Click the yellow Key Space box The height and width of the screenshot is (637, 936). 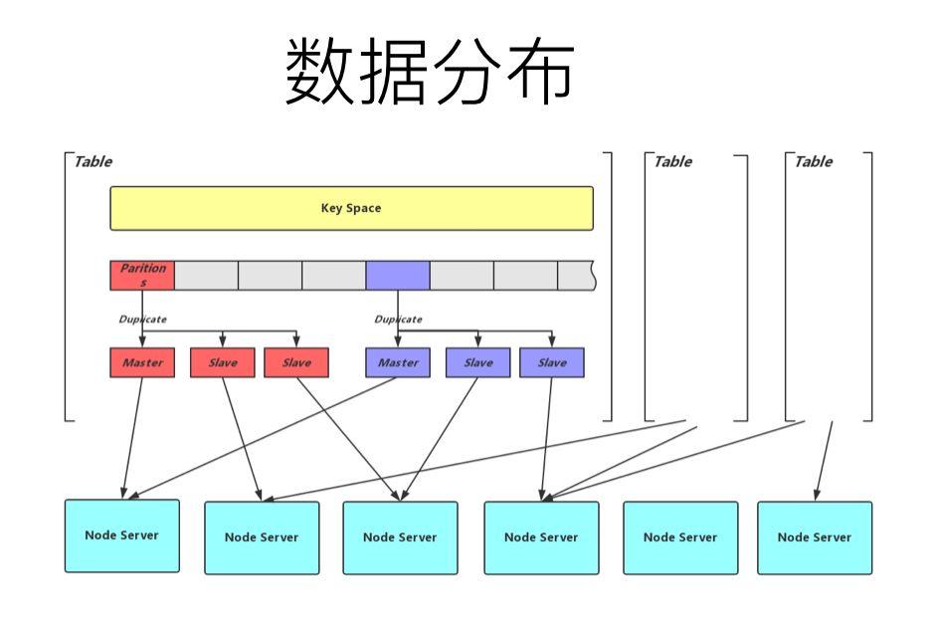(351, 208)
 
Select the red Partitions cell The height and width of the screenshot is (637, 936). (142, 276)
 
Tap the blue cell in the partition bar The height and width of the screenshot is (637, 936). (398, 276)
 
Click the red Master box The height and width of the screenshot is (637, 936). (142, 363)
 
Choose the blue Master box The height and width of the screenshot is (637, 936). (398, 363)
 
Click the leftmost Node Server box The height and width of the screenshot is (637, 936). (122, 535)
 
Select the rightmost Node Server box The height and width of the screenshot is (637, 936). (815, 537)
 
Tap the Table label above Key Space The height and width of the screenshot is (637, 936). (94, 162)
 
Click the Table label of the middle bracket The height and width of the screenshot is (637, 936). (672, 162)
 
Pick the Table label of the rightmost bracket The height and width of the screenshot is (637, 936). (813, 162)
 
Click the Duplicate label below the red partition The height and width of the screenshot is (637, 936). (142, 319)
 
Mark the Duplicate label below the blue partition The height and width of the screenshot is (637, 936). (398, 319)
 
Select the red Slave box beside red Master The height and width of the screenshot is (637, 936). (223, 363)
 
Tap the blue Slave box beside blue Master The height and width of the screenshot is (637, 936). (478, 363)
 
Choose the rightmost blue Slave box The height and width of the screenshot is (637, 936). (552, 363)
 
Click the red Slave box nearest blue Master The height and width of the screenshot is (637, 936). (296, 363)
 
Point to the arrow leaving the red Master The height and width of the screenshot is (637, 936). (133, 438)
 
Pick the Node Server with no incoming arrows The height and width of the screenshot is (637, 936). (680, 537)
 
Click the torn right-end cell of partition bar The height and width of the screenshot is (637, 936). (576, 276)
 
